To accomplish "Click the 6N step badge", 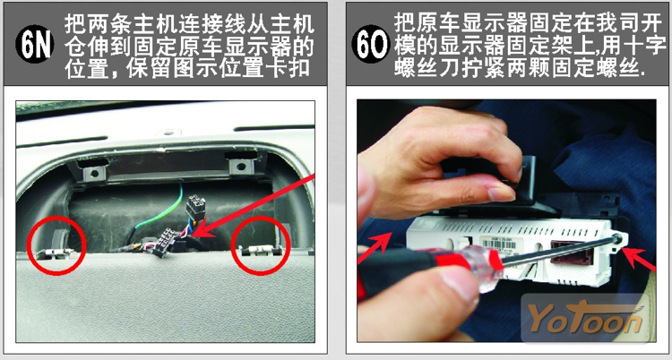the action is click(x=35, y=44).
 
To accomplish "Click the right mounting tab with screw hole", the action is click(x=241, y=167).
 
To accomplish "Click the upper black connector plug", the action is click(x=195, y=208).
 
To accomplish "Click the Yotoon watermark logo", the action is click(x=586, y=318).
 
